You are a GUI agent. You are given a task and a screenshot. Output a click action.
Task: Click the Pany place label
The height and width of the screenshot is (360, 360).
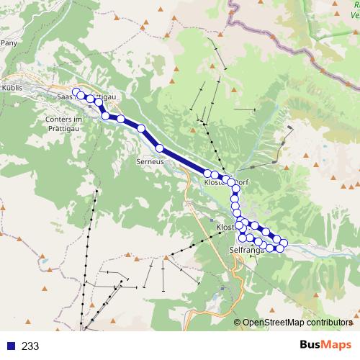[x=9, y=43]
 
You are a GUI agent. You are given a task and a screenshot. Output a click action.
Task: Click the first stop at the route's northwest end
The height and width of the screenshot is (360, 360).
[x=76, y=92]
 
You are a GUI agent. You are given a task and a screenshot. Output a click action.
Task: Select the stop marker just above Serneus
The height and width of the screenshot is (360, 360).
[x=159, y=149]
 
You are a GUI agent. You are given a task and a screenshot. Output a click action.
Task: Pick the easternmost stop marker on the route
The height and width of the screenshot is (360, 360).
[x=284, y=243]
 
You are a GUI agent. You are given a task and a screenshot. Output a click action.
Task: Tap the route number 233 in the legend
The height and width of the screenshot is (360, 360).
[x=30, y=346]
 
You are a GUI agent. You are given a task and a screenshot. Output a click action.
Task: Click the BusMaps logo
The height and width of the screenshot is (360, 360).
[x=325, y=345]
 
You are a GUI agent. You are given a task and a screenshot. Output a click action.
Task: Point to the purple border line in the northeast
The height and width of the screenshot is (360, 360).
[x=274, y=43]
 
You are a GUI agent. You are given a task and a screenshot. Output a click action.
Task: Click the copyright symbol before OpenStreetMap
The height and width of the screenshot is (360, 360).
[x=238, y=323]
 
